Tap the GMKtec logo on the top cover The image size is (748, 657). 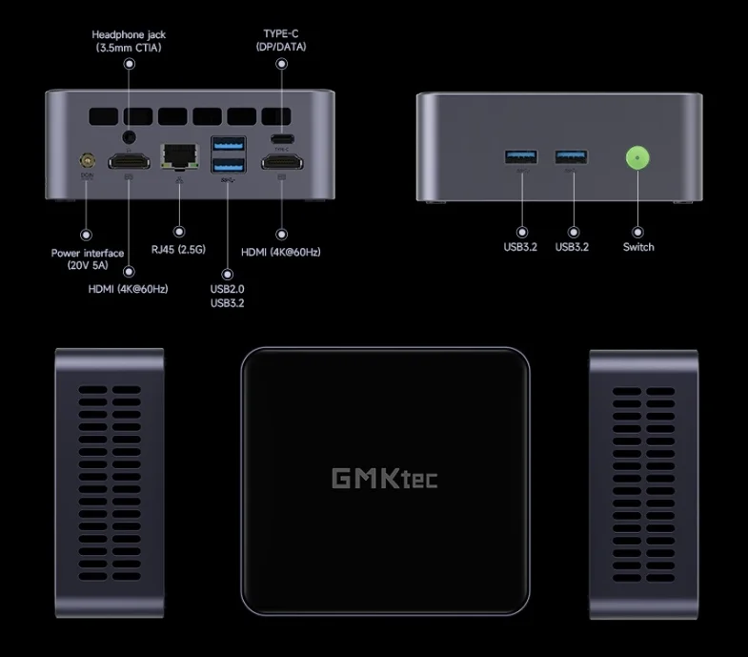point(385,477)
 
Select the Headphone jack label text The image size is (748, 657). point(131,41)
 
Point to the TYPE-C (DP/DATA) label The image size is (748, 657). point(281,41)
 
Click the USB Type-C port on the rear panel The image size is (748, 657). point(282,138)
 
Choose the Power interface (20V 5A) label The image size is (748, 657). point(88,259)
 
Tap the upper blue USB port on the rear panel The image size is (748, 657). point(230,145)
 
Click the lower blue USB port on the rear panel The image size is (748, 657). point(230,165)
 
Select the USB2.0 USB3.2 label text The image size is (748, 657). point(228,296)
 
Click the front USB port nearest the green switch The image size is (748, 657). point(572,155)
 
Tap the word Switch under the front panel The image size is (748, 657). point(638,247)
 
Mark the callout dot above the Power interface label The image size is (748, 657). point(88,233)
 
